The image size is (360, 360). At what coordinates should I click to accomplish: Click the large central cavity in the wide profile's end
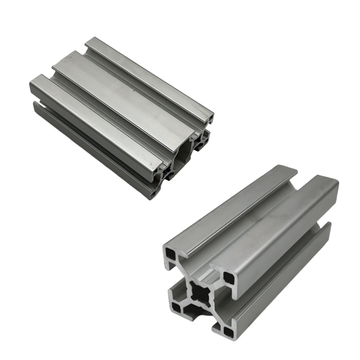pos(185,151)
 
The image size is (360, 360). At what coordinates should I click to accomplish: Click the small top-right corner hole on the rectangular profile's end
pos(211,120)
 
